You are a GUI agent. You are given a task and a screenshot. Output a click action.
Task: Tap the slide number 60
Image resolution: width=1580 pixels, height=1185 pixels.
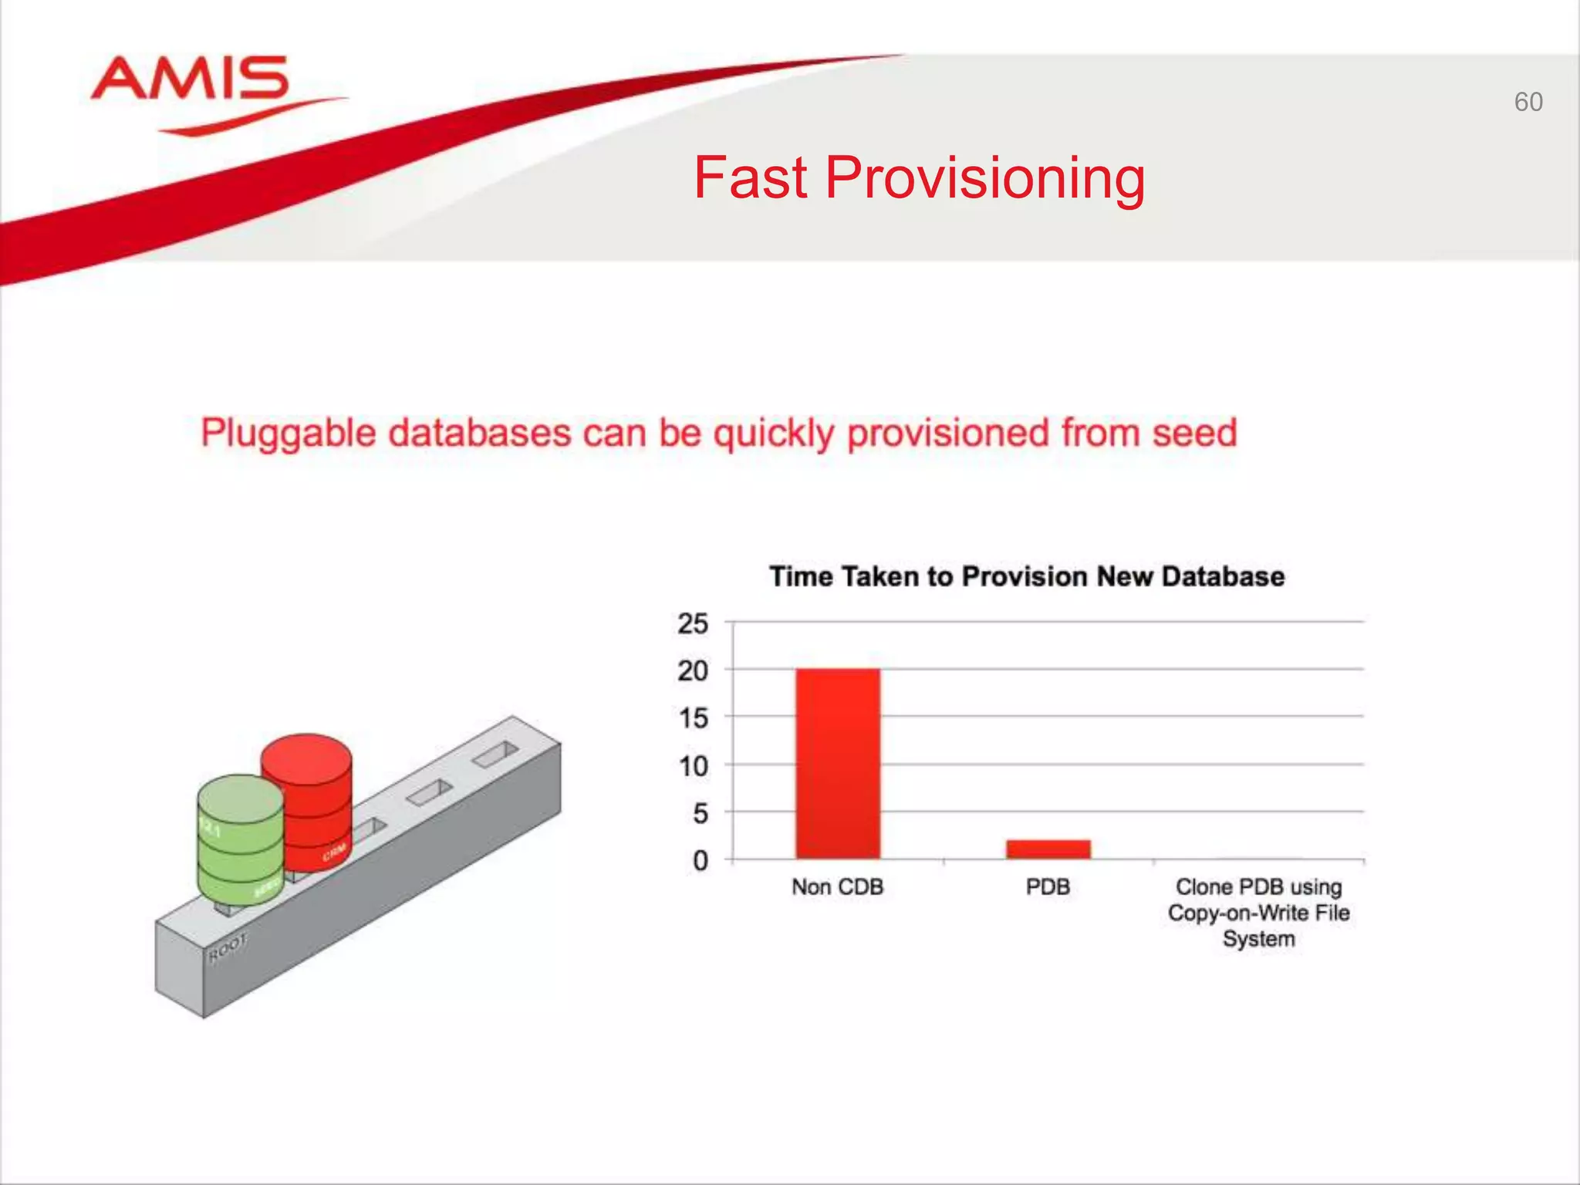[1528, 102]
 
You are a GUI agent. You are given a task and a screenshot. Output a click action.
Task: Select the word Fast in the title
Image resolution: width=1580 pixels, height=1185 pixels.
[750, 178]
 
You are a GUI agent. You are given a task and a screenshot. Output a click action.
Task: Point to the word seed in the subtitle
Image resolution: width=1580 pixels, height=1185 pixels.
[1194, 432]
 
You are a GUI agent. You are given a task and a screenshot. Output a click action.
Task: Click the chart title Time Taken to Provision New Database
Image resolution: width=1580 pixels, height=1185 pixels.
[1027, 576]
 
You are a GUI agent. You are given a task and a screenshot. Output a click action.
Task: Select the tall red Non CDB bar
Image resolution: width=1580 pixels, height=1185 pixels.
[838, 764]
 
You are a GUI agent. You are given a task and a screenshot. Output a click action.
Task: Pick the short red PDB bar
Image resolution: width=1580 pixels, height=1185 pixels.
[1048, 849]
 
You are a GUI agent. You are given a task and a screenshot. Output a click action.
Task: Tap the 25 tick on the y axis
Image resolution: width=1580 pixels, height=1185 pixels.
[692, 623]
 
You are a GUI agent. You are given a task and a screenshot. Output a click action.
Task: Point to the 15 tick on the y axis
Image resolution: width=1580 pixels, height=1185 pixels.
[692, 718]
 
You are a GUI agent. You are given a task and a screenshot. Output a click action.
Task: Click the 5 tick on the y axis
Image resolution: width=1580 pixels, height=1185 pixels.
[700, 813]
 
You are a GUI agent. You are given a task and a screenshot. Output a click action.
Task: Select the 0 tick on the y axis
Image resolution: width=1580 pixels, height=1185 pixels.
[700, 860]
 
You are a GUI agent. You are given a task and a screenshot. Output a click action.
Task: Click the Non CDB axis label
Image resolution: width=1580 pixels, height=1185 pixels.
[837, 887]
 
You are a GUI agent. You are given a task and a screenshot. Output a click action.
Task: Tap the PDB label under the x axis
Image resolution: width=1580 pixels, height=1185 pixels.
[1048, 887]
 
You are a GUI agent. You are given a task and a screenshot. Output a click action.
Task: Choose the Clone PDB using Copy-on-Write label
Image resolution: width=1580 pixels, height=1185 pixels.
[1258, 913]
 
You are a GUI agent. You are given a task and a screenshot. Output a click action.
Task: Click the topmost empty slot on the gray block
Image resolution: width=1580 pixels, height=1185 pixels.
[495, 755]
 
